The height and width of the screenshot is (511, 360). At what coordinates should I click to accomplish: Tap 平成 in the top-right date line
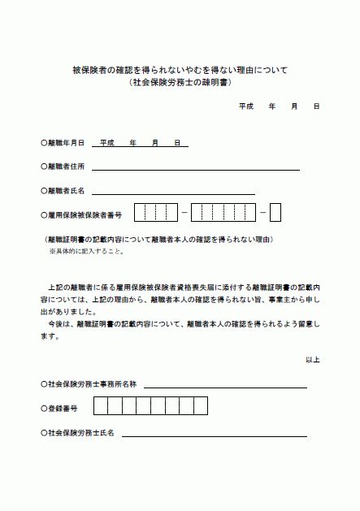coord(246,106)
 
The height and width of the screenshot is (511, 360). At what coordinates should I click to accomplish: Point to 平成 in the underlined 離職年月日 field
coord(102,143)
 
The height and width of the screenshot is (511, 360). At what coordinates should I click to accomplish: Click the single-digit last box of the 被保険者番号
coord(275,213)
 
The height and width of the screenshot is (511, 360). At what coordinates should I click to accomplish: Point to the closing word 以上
coord(313,359)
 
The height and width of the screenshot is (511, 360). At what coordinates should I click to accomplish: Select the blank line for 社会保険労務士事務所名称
coord(225,385)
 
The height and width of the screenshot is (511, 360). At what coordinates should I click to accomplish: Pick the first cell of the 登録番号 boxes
coord(101,405)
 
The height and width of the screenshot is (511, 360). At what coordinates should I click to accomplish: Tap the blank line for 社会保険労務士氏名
coord(214,435)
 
